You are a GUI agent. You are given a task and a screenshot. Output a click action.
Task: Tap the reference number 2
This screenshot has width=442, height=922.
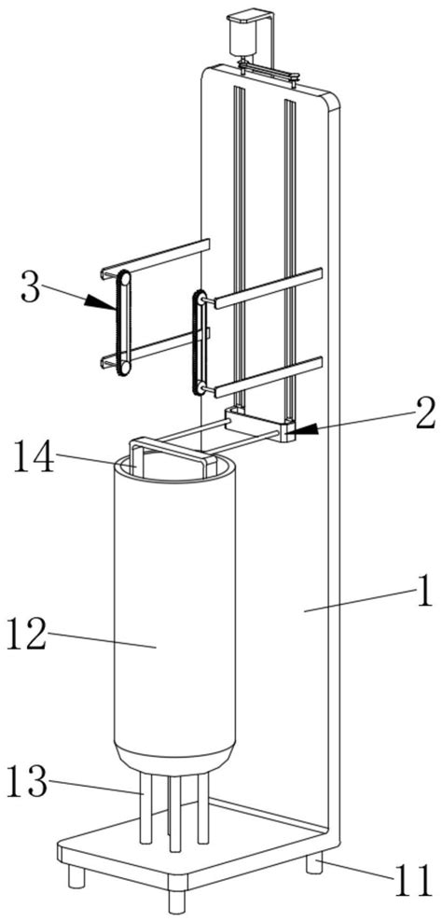(x=425, y=414)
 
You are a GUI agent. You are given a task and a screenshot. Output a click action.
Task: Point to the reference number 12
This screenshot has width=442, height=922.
(x=26, y=636)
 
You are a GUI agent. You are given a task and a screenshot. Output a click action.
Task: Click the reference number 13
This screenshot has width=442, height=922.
(x=28, y=781)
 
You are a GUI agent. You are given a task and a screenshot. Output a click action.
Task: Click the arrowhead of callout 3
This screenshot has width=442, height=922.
(x=100, y=302)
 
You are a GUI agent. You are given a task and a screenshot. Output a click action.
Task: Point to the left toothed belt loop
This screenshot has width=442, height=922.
(x=123, y=322)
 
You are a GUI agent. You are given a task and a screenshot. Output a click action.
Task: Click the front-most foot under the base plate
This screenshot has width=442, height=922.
(x=176, y=899)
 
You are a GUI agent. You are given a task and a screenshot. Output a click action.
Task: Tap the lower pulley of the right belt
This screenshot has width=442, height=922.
(x=200, y=387)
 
